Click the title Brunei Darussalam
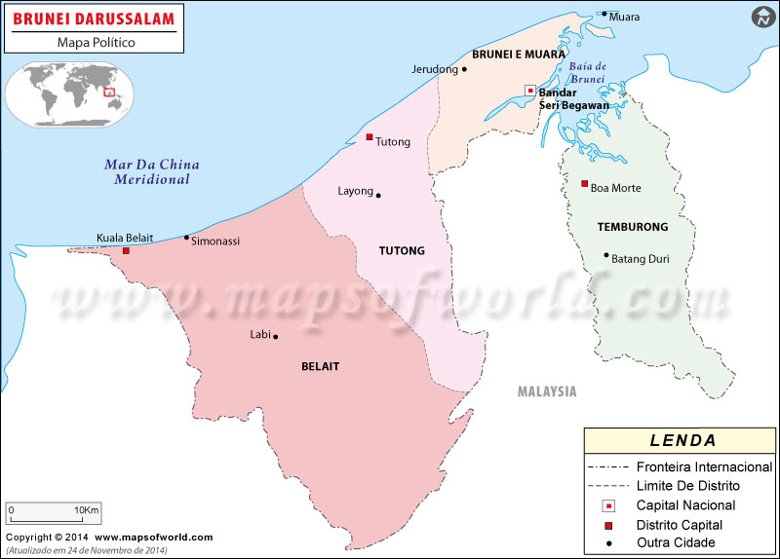point(94,19)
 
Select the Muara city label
point(624,17)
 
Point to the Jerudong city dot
point(463,69)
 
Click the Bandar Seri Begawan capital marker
point(529,91)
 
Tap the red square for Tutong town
point(370,137)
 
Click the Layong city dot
point(378,195)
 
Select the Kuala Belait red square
point(126,251)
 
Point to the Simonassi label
point(215,241)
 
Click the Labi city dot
point(276,337)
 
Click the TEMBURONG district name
point(633,227)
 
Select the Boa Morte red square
point(584,184)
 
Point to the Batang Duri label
point(640,259)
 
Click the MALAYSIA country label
point(547,391)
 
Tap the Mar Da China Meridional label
point(147,171)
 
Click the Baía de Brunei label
point(587,72)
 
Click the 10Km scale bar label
point(87,510)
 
